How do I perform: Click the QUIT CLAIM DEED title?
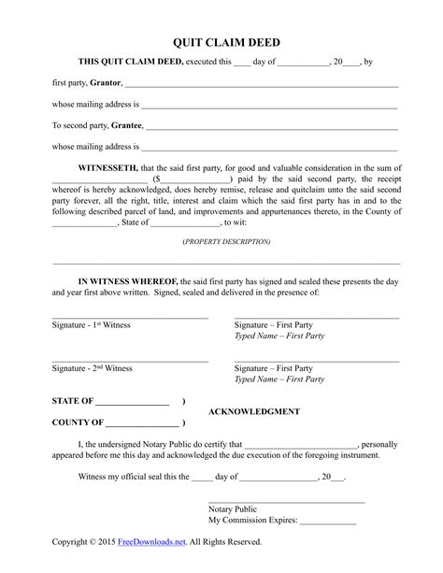pos(221,42)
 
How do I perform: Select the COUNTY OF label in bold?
pos(76,423)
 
